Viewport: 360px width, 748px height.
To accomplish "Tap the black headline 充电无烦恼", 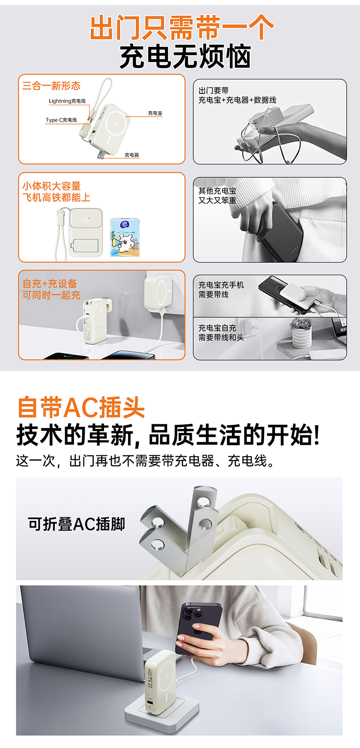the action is coord(185,57).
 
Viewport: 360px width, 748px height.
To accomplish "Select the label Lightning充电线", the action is coord(67,101).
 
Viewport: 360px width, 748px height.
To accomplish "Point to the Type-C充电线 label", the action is coord(62,120).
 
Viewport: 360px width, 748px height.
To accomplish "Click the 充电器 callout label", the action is coord(132,155).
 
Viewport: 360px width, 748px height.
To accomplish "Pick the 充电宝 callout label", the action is coord(155,113).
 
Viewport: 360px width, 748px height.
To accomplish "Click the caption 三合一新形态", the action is coord(51,86).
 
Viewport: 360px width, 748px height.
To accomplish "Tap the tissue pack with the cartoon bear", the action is coord(125,237).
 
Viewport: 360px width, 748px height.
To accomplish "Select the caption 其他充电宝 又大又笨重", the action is coord(217,196).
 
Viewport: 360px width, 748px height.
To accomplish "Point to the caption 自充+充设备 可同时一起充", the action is coord(51,289).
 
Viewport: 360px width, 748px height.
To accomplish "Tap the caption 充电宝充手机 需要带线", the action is coord(221,289).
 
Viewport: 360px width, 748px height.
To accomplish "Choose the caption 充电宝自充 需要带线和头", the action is coord(221,333).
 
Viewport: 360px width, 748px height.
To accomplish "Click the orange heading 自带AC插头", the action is coord(81,408).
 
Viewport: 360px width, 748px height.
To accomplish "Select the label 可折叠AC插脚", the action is coord(77,524).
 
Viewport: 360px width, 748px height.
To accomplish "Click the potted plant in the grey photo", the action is coord(302,333).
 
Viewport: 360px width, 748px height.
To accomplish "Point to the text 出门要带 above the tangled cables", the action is coord(214,91).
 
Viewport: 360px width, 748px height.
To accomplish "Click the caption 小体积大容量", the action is coord(52,186).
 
